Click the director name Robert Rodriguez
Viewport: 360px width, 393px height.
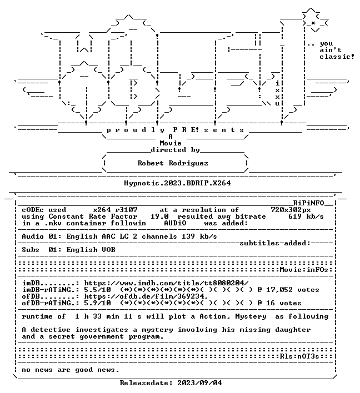(173, 163)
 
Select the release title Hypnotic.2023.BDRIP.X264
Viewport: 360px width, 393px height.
(177, 183)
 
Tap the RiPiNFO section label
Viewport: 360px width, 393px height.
(308, 203)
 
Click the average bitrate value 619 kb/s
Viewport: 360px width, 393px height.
(306, 216)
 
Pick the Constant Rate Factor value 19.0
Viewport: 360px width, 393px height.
(159, 216)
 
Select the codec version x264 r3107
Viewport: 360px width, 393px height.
(115, 209)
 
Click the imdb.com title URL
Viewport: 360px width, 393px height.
(166, 283)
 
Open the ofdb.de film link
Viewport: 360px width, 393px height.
(146, 296)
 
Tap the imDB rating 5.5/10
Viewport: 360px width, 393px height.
(97, 290)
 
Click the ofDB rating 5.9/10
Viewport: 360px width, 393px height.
(97, 303)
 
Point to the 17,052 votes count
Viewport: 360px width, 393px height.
(293, 290)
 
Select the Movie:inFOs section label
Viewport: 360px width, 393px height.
(304, 270)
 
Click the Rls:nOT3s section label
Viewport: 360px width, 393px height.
(299, 356)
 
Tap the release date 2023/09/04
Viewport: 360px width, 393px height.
(199, 382)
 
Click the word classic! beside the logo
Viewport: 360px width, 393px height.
(337, 57)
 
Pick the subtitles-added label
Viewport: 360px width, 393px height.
(275, 243)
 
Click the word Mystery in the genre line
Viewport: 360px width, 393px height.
(251, 316)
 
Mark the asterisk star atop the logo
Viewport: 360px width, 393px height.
(313, 23)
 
